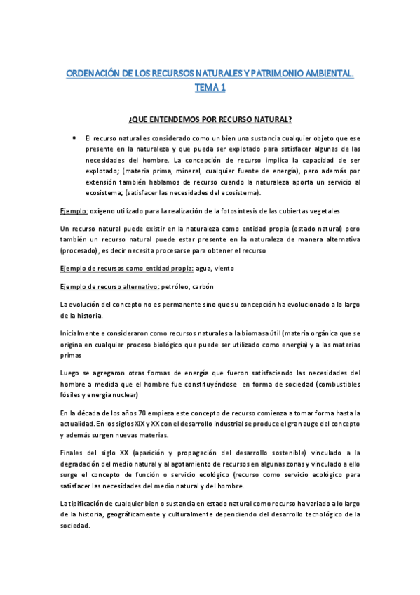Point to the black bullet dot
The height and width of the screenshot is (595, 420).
[x=74, y=138]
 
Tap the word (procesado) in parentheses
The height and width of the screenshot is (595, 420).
[x=79, y=250]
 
